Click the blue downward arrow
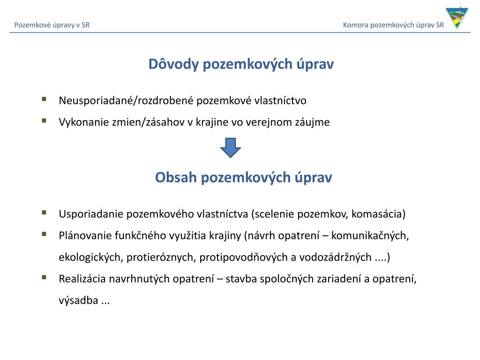coord(230,147)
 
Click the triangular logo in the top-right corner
coord(457,19)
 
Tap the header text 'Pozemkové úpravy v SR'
coord(52,25)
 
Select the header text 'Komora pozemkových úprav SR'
coord(393,25)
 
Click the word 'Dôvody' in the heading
coord(173,64)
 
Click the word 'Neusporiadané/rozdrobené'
coord(127,101)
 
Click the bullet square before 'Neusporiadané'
coord(44,99)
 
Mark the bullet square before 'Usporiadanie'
coord(44,212)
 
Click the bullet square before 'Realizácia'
coord(44,277)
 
